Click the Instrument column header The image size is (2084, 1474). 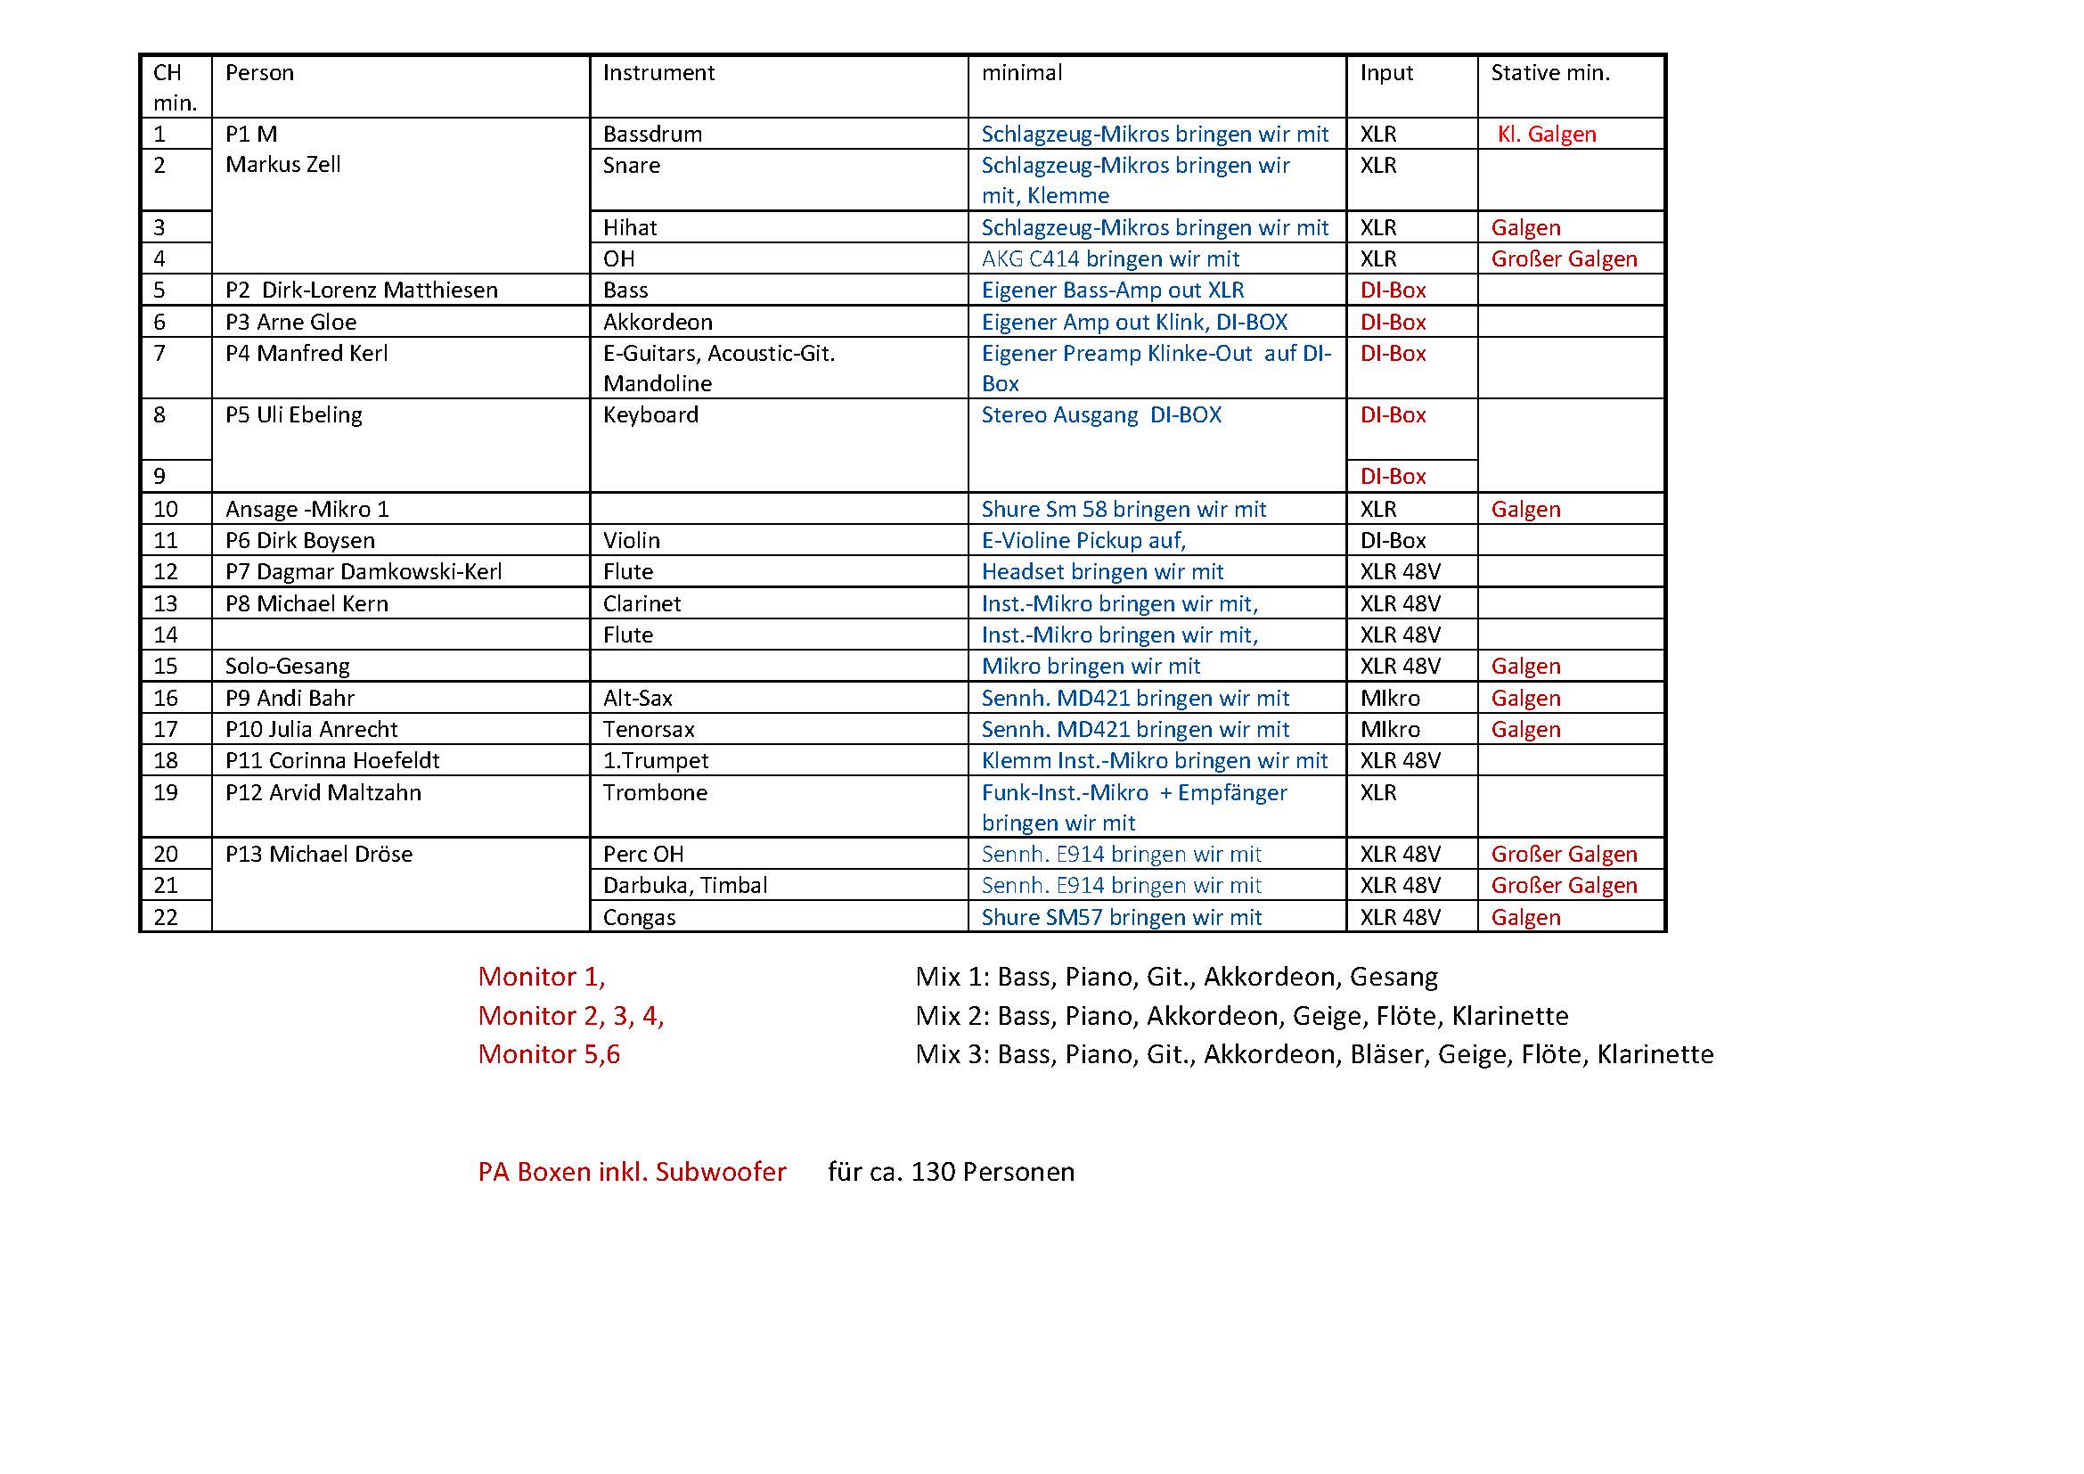tap(658, 72)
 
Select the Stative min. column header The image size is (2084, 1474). tap(1549, 72)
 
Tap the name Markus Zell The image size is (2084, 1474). tap(282, 165)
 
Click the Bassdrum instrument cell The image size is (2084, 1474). tap(652, 135)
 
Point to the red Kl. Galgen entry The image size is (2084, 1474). tap(1546, 135)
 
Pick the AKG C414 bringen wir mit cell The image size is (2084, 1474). tap(1109, 258)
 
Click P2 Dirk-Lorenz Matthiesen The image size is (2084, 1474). tap(361, 291)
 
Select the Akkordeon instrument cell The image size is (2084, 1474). tap(658, 323)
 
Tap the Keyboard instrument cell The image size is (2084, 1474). tap(650, 414)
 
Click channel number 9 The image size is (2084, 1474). tap(159, 477)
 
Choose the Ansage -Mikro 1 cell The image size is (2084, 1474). tap(306, 509)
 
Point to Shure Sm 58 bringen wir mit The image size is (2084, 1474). tap(1123, 509)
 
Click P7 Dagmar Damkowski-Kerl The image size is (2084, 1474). tap(363, 572)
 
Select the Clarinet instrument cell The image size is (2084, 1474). tap(642, 603)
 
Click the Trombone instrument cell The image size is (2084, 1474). tap(655, 792)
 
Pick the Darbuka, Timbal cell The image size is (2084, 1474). tap(684, 885)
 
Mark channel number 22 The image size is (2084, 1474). tap(165, 918)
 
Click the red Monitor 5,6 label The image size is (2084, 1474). tap(548, 1054)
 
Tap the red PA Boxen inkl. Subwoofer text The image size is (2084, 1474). tap(632, 1172)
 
